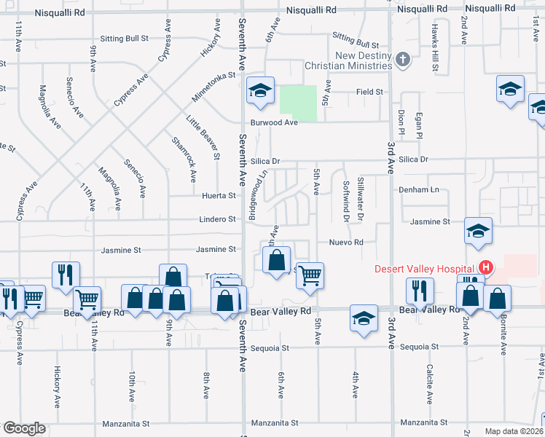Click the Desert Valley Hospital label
tap(424, 268)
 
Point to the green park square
tap(299, 103)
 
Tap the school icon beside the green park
tap(260, 91)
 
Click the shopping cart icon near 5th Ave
tap(310, 276)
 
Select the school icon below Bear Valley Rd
tap(364, 318)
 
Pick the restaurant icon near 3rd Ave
tap(421, 291)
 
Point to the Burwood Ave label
tap(275, 122)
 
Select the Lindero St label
tap(218, 219)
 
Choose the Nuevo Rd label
tap(346, 242)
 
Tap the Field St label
tap(369, 92)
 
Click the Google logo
tap(23, 428)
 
